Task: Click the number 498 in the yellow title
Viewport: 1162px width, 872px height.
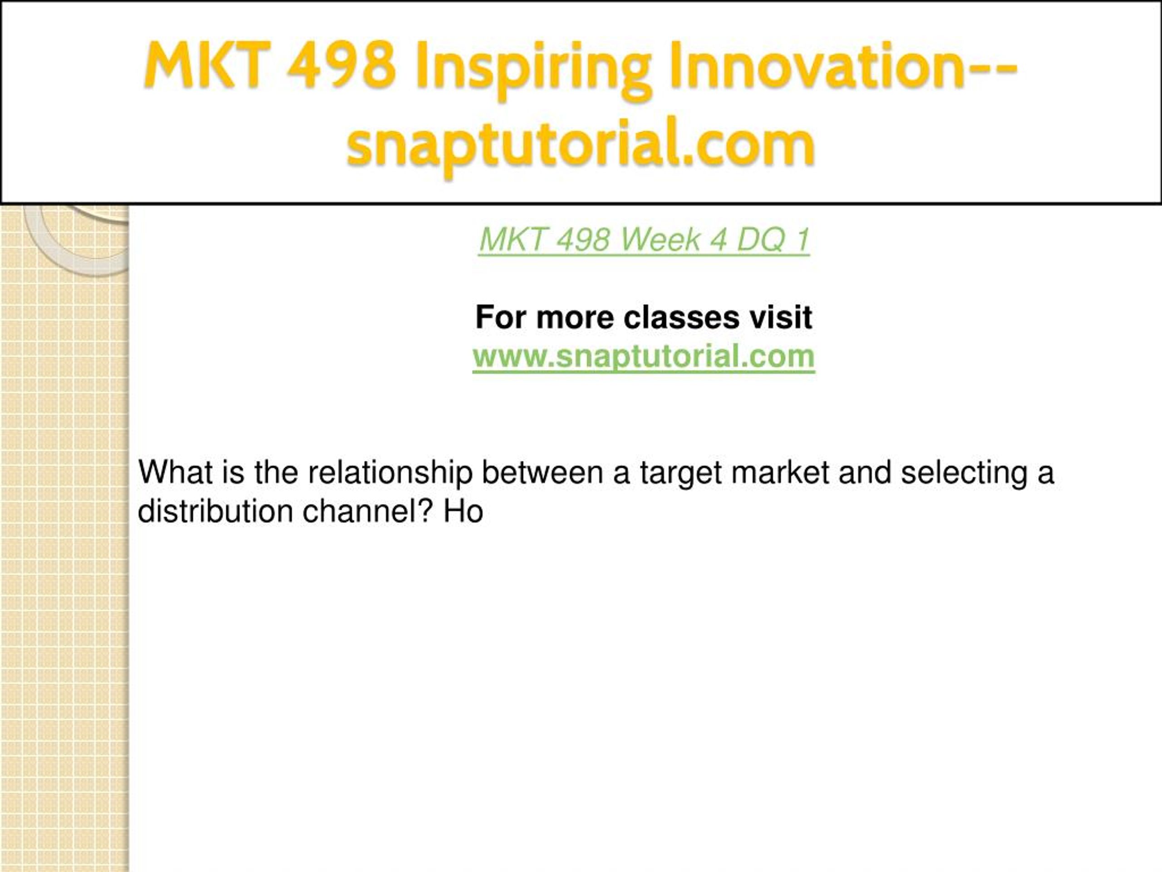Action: click(341, 65)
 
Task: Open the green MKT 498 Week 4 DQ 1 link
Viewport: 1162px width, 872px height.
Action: click(644, 240)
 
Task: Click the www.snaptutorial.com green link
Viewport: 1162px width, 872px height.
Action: click(644, 357)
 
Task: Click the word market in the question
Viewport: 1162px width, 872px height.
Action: click(780, 472)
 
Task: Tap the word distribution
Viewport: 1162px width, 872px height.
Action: click(216, 511)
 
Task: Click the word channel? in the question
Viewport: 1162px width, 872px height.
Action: click(368, 511)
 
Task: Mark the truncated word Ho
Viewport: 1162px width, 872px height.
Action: click(463, 511)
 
